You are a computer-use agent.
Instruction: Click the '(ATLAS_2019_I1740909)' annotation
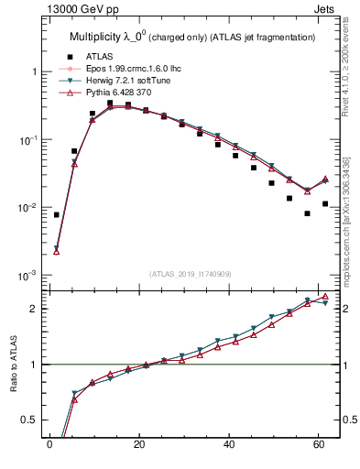190,274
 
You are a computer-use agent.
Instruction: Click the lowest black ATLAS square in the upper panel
308,213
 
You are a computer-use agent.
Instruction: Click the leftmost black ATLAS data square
57,215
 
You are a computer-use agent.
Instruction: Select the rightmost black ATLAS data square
325,203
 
